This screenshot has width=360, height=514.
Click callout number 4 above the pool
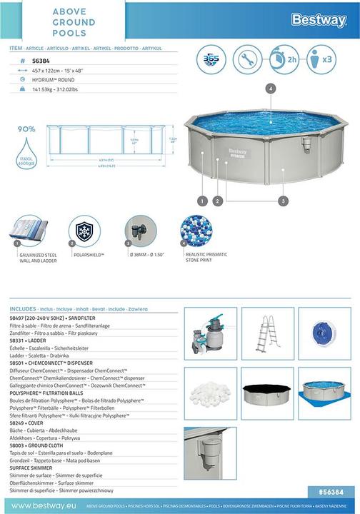(x=270, y=89)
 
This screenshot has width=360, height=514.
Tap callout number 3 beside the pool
(x=283, y=202)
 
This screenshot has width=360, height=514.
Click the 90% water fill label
(x=27, y=129)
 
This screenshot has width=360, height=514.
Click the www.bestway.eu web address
(x=39, y=505)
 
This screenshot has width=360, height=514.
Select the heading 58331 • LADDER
(x=31, y=341)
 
